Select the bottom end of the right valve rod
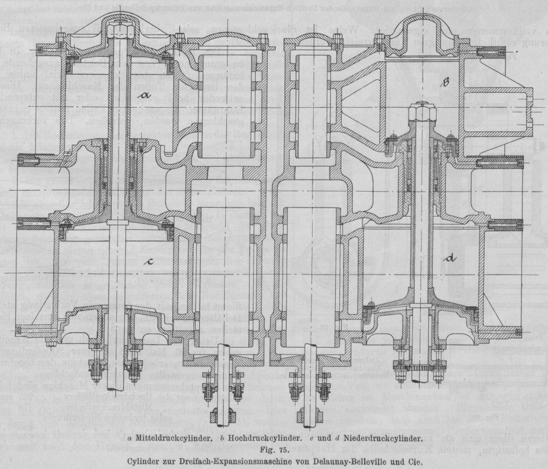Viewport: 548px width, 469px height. [313, 417]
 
